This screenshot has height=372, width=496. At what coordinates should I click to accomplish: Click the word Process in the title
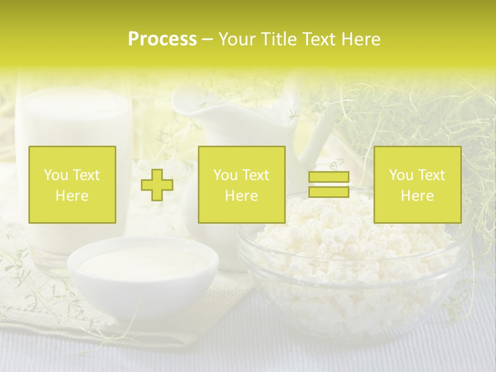(162, 39)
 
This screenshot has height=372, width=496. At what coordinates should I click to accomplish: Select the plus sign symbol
(158, 185)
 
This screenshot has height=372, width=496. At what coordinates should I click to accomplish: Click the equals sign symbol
(329, 185)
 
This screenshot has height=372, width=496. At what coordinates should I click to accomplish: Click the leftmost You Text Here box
(72, 184)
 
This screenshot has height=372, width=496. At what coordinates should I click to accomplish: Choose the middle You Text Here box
(241, 184)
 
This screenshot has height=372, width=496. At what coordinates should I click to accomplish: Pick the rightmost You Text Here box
(417, 184)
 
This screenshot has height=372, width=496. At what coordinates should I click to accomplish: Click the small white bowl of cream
(143, 269)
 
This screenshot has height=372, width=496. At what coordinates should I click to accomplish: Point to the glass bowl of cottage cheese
(351, 269)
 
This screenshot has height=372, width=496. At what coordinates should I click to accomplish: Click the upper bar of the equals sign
(329, 177)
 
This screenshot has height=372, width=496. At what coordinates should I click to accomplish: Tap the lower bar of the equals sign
(329, 192)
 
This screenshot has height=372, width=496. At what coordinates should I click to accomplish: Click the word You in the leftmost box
(55, 175)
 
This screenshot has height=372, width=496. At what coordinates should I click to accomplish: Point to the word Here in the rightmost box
(417, 196)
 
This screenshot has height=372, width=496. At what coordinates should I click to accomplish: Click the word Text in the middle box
(256, 175)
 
